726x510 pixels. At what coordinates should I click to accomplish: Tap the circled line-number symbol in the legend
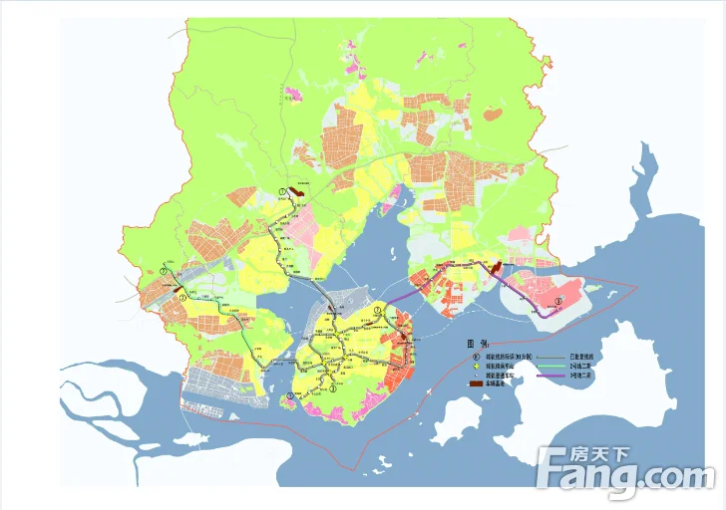477,356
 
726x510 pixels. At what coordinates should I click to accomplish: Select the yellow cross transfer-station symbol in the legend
477,366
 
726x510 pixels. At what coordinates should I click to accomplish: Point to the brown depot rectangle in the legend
477,384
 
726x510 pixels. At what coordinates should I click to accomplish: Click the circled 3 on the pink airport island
558,300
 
